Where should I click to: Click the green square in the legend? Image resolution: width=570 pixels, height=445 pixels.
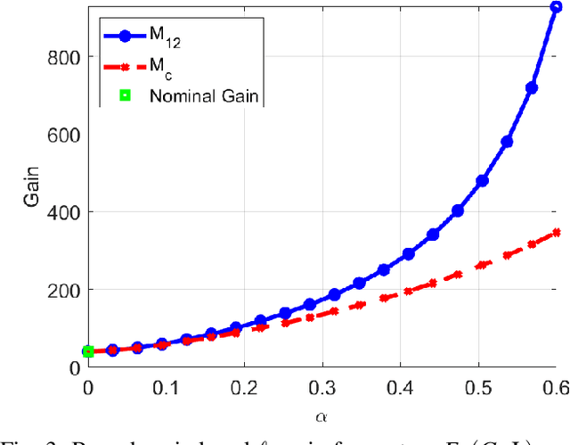click(125, 95)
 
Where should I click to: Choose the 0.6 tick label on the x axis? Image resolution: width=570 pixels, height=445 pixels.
click(554, 387)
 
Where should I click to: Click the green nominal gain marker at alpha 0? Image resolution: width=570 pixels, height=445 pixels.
click(88, 352)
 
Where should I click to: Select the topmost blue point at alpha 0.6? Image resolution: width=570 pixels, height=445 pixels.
click(556, 7)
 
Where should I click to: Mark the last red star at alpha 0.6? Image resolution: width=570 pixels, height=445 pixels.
click(556, 233)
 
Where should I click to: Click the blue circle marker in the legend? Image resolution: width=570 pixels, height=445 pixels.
click(125, 37)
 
